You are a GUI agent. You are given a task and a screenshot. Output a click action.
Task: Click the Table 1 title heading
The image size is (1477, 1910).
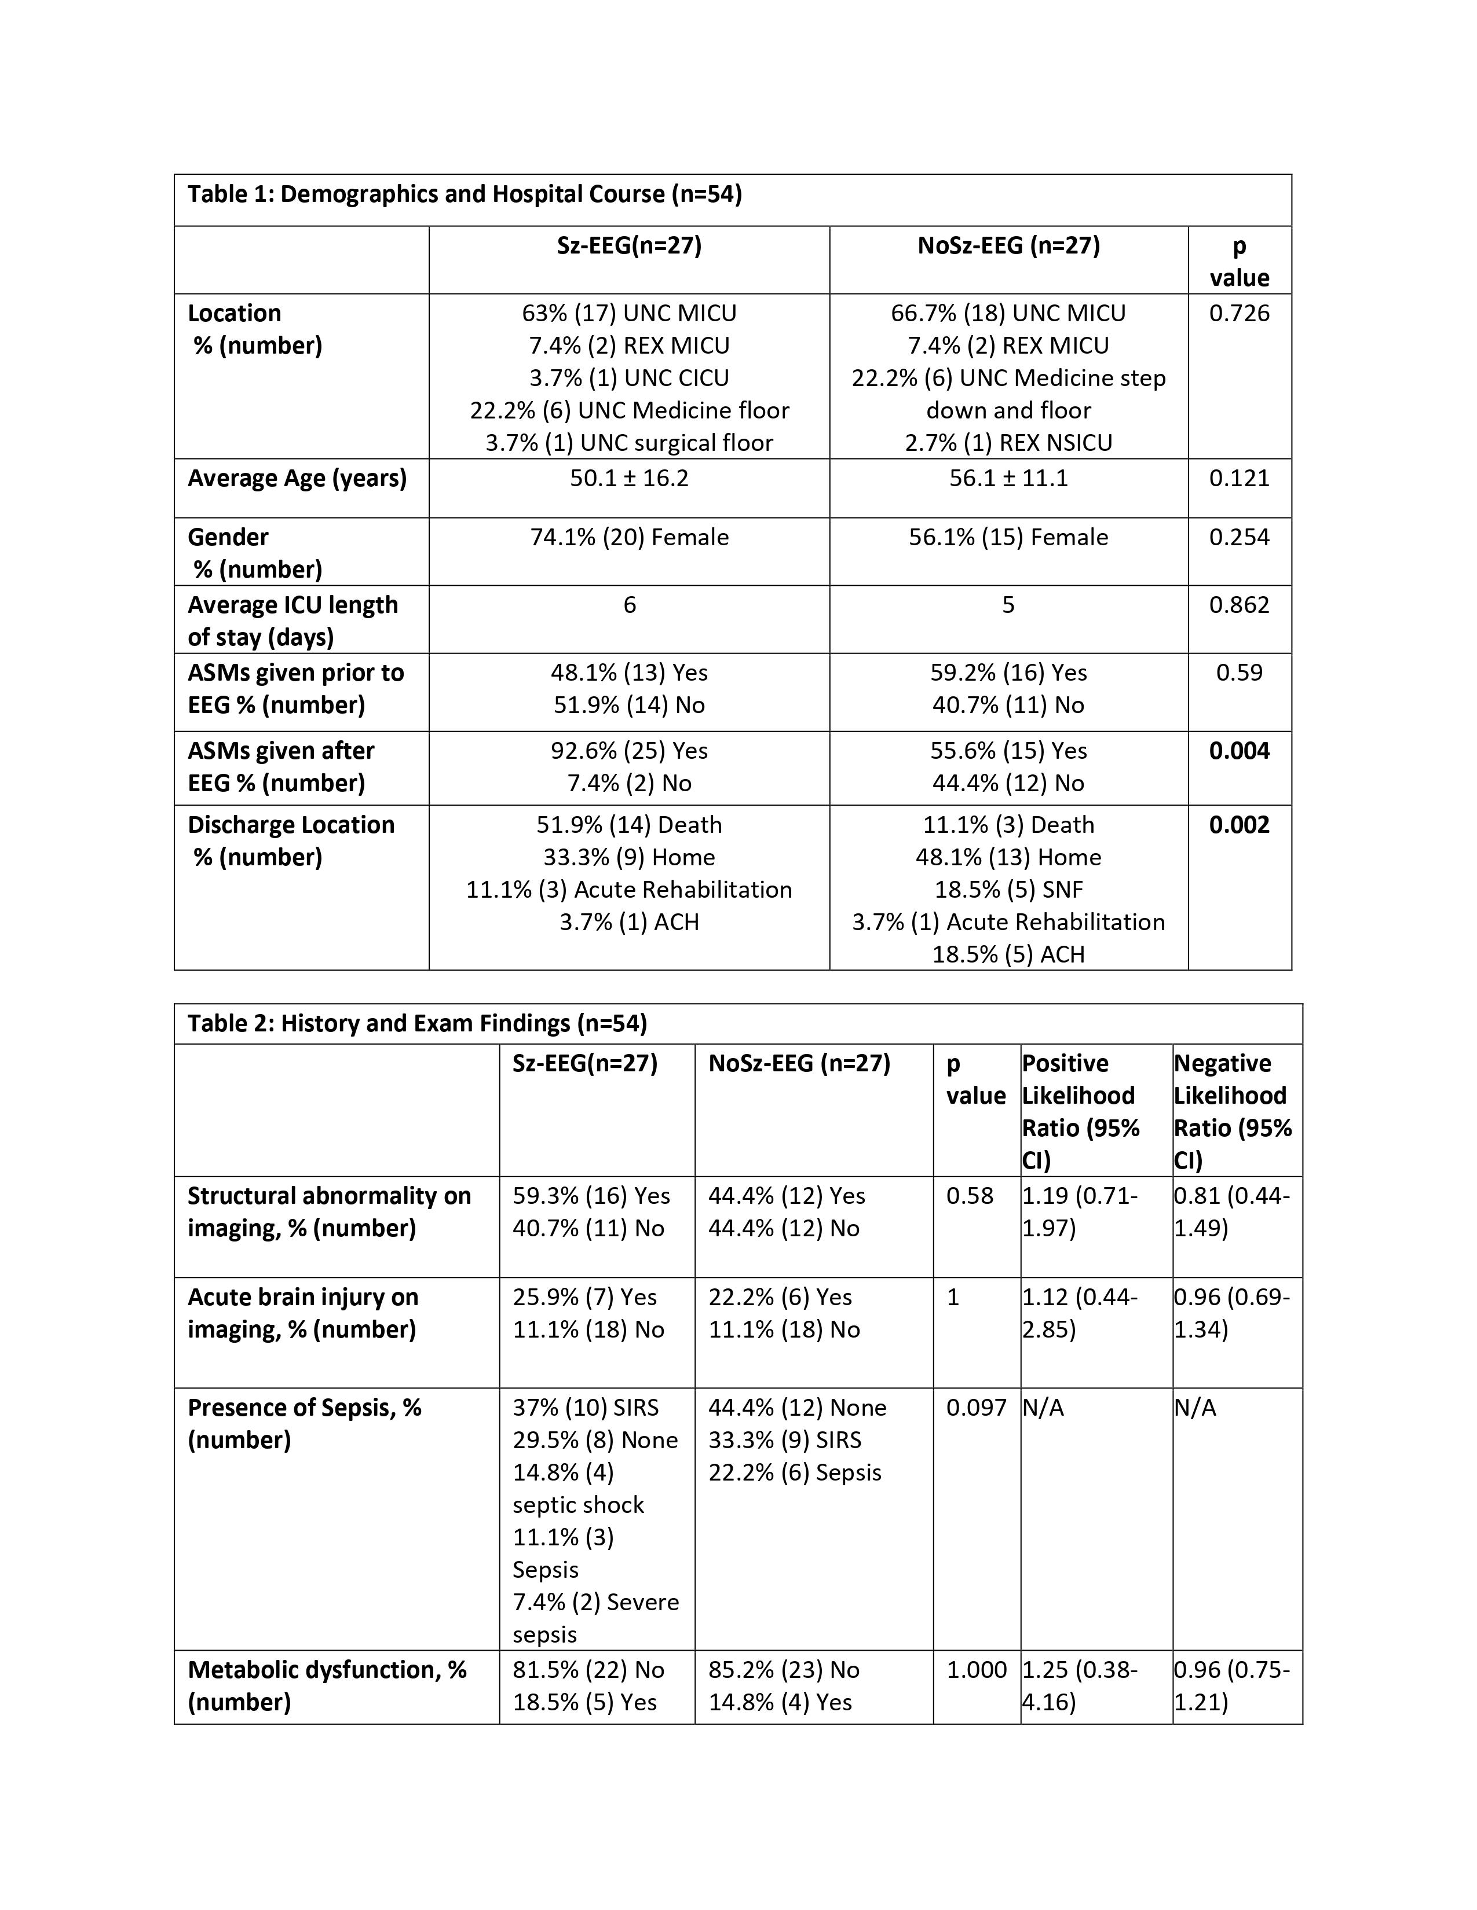464,193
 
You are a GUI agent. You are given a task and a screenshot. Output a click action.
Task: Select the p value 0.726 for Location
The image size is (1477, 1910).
1239,313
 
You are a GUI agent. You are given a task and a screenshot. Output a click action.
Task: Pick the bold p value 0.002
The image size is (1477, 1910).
1239,825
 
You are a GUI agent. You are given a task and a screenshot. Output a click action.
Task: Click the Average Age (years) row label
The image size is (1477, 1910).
297,479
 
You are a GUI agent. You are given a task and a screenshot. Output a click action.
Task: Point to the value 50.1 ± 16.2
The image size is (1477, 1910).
629,479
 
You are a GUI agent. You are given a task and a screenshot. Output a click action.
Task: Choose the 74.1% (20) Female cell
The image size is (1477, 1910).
629,537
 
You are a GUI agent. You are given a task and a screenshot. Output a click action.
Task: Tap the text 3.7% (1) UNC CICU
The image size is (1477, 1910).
629,378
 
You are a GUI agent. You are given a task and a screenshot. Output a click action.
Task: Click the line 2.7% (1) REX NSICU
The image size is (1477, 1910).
1008,443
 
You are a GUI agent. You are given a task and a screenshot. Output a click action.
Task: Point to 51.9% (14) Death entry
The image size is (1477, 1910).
629,825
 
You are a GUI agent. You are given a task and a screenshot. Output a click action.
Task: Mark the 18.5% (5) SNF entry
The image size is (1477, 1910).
1008,890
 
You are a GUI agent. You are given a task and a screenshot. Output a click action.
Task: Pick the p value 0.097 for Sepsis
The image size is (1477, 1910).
975,1407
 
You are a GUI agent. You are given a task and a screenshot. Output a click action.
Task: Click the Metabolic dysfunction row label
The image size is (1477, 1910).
326,1685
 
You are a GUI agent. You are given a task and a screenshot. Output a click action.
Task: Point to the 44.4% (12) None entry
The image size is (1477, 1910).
797,1407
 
